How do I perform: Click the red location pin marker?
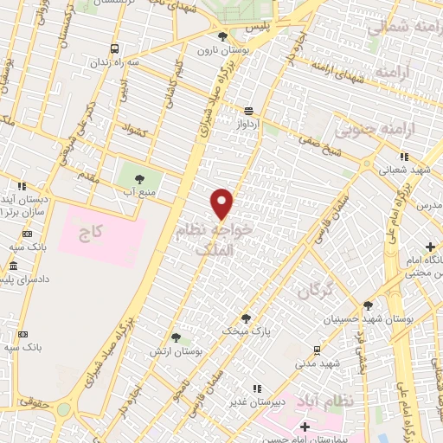click(x=223, y=202)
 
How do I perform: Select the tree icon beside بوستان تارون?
click(x=223, y=36)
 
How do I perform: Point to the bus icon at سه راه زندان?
click(x=113, y=49)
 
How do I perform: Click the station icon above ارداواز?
click(x=249, y=110)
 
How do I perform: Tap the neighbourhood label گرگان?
click(x=315, y=292)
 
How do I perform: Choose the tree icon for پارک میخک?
click(x=246, y=318)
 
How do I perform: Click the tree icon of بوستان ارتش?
click(x=176, y=337)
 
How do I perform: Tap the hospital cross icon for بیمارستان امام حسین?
click(x=304, y=426)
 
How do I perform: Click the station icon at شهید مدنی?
click(x=317, y=350)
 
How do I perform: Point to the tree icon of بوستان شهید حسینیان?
click(x=368, y=305)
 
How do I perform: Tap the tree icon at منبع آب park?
click(x=139, y=178)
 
